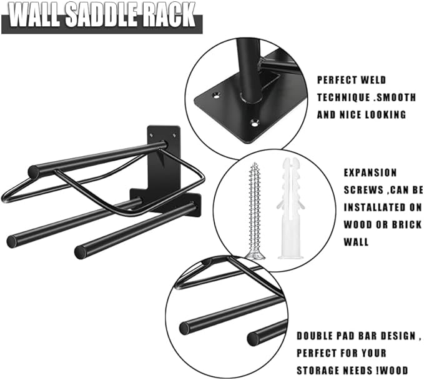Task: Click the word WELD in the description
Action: (x=372, y=80)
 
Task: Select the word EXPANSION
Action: (x=370, y=172)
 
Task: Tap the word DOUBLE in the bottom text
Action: (x=318, y=336)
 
